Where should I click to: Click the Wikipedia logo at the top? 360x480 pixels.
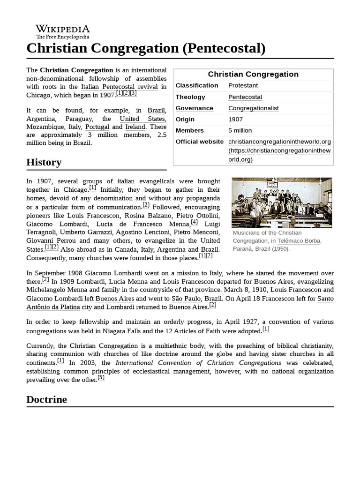point(62,31)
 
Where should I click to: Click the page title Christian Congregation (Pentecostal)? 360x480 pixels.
point(146,48)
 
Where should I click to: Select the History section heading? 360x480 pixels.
point(44,162)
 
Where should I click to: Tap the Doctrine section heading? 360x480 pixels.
point(46,399)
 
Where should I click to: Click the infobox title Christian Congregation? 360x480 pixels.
point(253,74)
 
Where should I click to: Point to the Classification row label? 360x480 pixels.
point(197,85)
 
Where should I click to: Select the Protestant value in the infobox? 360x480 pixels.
point(243,85)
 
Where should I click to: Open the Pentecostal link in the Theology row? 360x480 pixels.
point(245,97)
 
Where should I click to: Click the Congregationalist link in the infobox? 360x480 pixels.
point(253,108)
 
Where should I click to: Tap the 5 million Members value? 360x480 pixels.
point(240,130)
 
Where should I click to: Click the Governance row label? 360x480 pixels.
point(194,108)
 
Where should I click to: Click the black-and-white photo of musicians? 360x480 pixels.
point(281,202)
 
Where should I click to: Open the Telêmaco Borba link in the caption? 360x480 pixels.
point(300,240)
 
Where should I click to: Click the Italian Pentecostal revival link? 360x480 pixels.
point(120,87)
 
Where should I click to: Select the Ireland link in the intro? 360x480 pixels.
point(135,127)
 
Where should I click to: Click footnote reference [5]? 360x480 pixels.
point(101,378)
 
